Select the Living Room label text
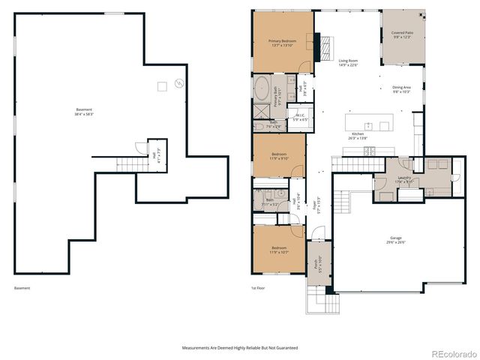[x=348, y=62]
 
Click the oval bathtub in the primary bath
[x=262, y=88]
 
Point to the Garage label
[x=394, y=241]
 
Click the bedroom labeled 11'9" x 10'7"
[x=278, y=250]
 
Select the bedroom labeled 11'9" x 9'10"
[x=278, y=156]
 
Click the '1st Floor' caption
[x=258, y=288]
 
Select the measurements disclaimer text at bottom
[x=239, y=348]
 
